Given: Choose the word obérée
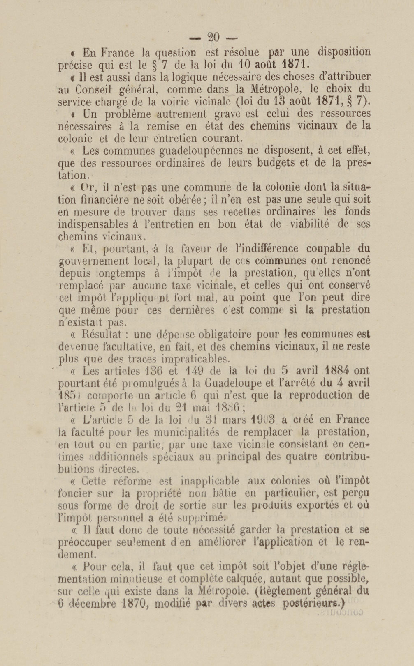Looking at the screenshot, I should click(186, 200).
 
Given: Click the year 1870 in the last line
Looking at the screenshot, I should click(133, 604).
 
